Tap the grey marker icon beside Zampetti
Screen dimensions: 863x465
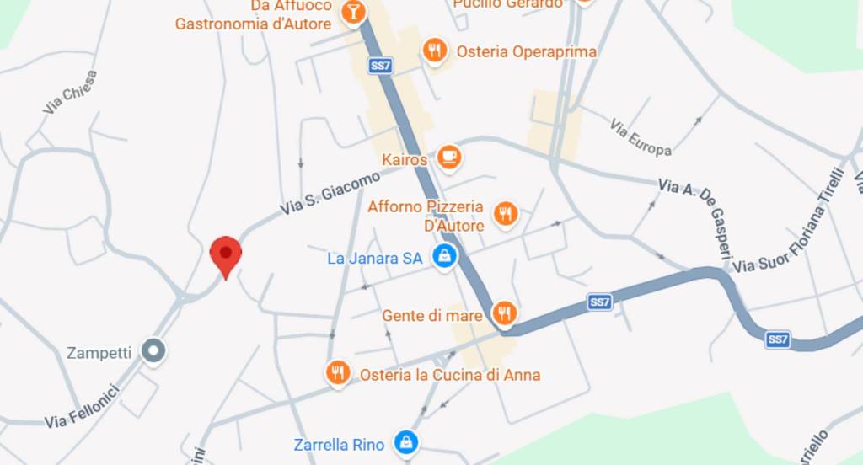point(153,350)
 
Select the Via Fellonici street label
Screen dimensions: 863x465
point(83,405)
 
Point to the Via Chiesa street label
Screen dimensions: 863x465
point(71,92)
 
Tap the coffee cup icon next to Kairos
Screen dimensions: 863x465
point(450,158)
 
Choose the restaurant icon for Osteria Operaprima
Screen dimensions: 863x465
point(434,51)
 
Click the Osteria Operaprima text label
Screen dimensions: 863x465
point(526,51)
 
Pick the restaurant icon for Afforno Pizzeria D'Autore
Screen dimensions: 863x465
point(506,214)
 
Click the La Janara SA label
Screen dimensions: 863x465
point(374,259)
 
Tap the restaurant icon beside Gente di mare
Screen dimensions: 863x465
point(505,314)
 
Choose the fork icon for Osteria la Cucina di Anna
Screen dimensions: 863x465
point(338,372)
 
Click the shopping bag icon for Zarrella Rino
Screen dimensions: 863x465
point(406,441)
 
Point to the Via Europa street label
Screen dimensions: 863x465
point(641,137)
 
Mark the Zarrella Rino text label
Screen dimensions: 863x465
point(339,444)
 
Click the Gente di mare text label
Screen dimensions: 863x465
point(432,316)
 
